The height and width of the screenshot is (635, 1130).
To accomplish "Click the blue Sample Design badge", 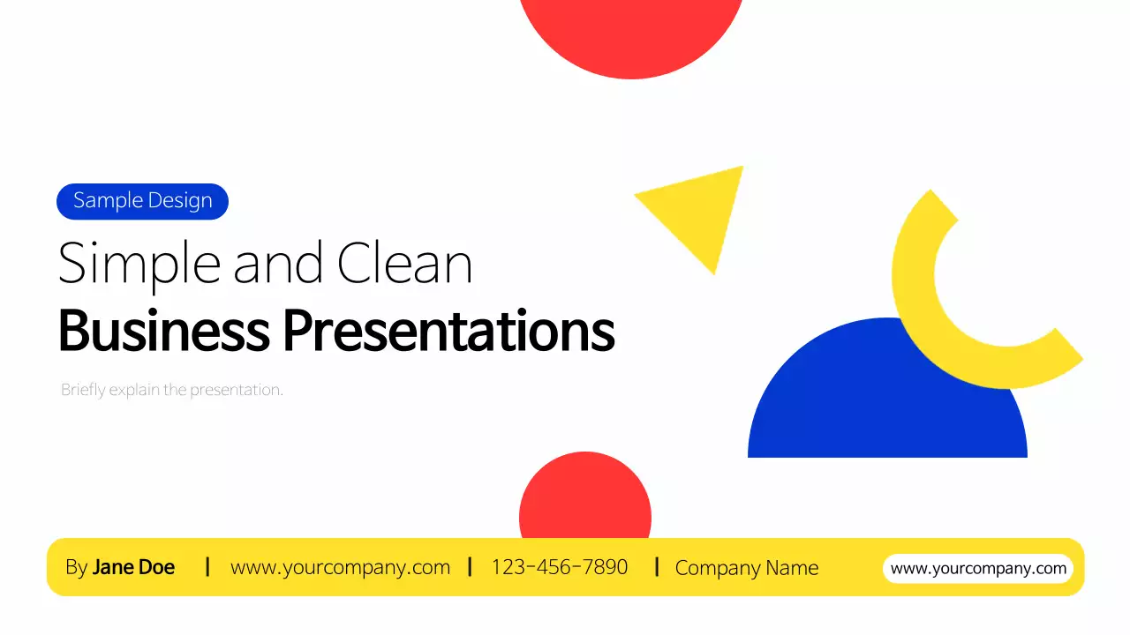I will (142, 201).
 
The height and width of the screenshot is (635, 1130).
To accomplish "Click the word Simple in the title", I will (139, 263).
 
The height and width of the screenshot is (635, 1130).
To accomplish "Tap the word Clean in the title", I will (404, 263).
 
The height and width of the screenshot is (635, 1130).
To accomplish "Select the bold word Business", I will (163, 331).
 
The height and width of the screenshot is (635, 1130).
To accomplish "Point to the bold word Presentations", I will (448, 331).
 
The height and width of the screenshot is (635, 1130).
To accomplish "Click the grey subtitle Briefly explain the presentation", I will (172, 389).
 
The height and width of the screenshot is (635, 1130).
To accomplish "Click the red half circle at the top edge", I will (630, 35).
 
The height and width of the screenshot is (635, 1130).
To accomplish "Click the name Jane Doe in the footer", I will (133, 567).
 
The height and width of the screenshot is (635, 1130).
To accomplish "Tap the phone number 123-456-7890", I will (560, 567).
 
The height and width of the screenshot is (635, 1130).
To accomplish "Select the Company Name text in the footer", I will (746, 568).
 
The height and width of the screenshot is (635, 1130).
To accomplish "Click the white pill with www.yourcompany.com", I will (978, 568).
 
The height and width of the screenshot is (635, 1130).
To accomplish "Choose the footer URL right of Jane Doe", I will (340, 567).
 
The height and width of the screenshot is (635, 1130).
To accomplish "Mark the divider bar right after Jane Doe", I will (207, 566).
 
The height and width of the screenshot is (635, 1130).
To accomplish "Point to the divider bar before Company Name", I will (657, 566).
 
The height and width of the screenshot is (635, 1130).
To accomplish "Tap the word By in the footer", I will (76, 567).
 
